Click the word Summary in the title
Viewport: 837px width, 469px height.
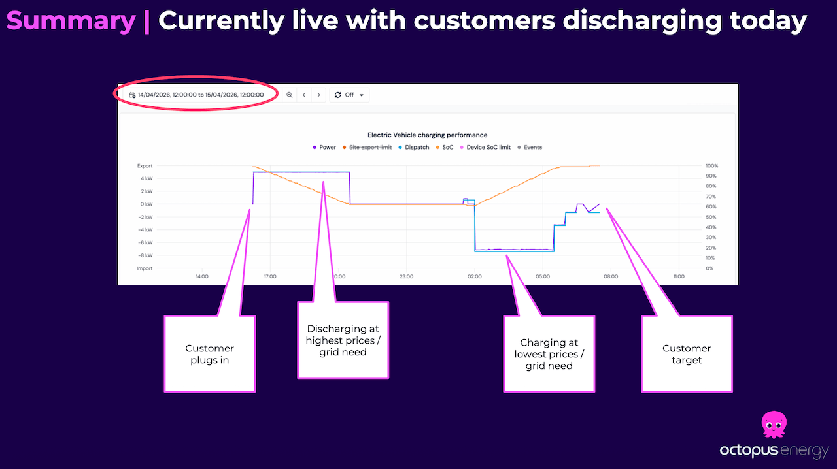(71, 22)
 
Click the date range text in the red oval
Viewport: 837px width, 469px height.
(200, 95)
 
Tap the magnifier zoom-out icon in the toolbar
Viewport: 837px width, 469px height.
(289, 95)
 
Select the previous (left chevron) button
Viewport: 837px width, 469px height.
(304, 95)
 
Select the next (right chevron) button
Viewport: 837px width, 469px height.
(318, 95)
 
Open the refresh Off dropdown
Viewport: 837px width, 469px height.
(349, 95)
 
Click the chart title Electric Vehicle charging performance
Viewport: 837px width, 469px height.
(427, 135)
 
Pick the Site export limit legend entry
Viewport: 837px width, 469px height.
(371, 148)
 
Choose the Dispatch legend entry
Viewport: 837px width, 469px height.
(417, 148)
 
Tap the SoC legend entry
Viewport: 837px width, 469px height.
(447, 148)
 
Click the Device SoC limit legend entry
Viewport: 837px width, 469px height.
(487, 148)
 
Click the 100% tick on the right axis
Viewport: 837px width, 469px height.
(712, 166)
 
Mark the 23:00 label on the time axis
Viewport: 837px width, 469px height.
(406, 276)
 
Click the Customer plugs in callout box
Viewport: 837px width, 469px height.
(209, 353)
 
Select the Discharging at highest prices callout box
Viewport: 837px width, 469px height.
(343, 340)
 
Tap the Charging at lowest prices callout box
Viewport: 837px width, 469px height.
(549, 353)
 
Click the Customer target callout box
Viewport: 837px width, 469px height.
(686, 353)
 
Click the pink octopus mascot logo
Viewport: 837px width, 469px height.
(776, 425)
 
